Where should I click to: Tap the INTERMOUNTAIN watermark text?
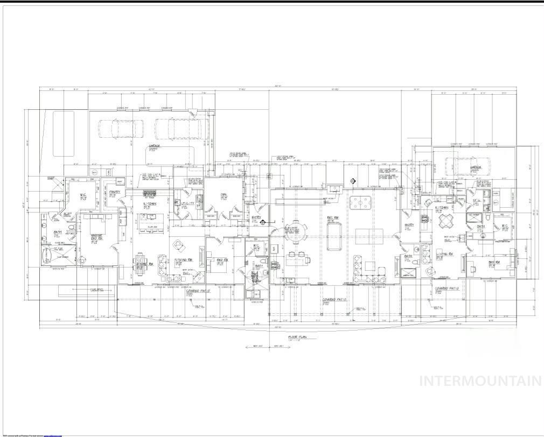click(480, 381)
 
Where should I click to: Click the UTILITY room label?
click(188, 203)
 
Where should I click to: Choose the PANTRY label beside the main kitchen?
click(115, 192)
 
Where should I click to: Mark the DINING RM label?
click(144, 263)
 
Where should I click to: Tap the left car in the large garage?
click(121, 129)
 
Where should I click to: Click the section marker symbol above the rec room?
click(353, 181)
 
